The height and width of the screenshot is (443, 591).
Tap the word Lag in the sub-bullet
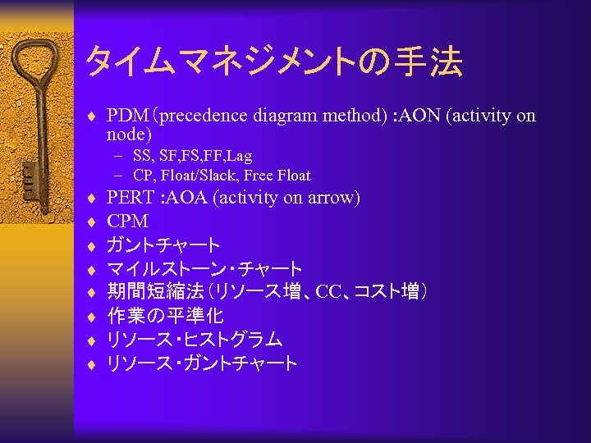240,155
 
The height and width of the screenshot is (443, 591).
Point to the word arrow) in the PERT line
332,198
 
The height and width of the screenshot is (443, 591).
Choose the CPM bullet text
128,221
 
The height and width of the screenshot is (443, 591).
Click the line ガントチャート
164,245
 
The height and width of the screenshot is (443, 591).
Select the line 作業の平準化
166,316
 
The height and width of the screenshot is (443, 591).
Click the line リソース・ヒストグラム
195,340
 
